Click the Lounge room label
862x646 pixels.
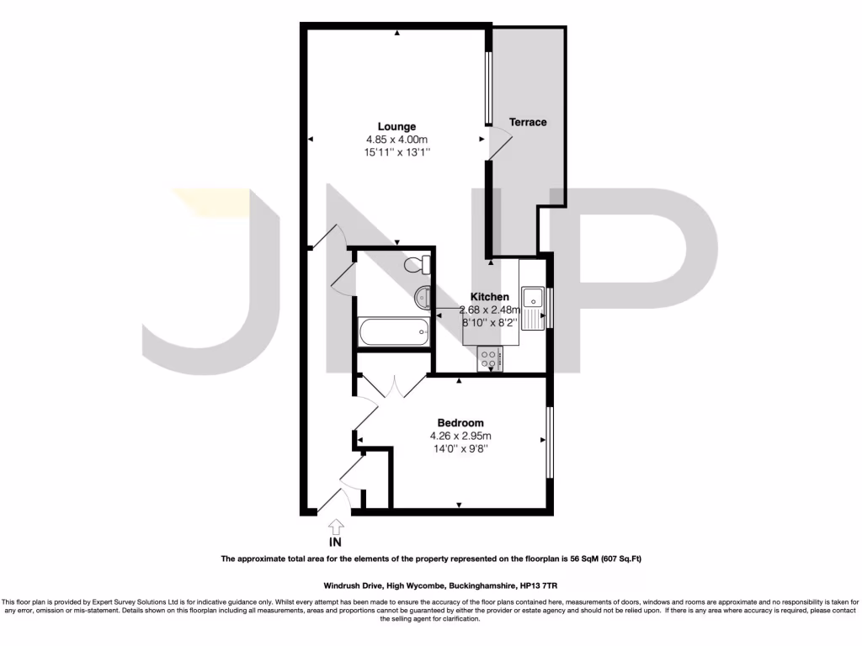point(396,127)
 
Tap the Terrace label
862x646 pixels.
point(528,123)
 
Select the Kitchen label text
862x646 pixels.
point(489,297)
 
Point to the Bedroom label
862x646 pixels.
point(460,423)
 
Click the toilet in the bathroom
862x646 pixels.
point(418,266)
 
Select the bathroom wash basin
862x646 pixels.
point(423,296)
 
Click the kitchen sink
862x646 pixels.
point(532,298)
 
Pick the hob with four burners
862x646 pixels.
point(490,360)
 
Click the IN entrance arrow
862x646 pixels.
point(336,526)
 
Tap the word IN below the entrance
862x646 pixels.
point(336,543)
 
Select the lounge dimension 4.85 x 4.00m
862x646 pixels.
point(396,140)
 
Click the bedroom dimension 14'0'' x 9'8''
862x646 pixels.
point(460,449)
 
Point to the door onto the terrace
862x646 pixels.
point(499,145)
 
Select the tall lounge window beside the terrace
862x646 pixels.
point(487,89)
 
